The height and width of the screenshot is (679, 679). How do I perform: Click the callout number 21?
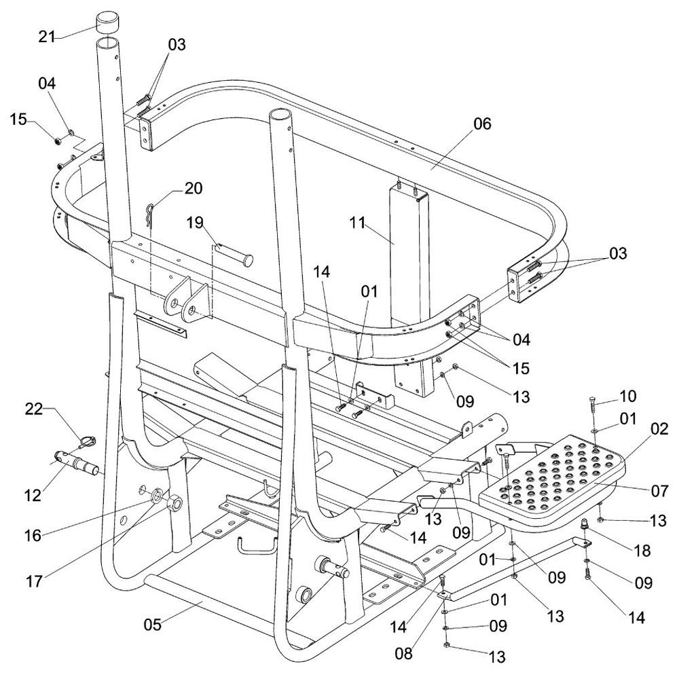[47, 37]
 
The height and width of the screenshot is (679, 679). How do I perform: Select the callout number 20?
[193, 188]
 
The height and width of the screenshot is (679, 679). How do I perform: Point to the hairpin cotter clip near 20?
[149, 214]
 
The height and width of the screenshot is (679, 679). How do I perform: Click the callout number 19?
[195, 223]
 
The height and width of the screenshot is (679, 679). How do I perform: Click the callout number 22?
[34, 409]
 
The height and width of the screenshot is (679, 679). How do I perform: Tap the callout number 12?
[33, 495]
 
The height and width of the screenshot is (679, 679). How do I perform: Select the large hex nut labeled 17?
[174, 503]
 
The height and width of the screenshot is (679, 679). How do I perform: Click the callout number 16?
[33, 536]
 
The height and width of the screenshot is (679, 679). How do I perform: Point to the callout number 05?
[152, 625]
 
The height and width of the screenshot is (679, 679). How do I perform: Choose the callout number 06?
[482, 124]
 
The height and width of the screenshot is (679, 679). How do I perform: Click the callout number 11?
[357, 223]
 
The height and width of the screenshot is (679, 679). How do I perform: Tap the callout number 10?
[628, 397]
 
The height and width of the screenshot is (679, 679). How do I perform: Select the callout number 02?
[659, 428]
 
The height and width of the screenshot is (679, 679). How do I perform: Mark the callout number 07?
[659, 491]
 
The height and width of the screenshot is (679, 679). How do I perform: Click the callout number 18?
[642, 551]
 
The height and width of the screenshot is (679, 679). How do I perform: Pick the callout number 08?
[403, 653]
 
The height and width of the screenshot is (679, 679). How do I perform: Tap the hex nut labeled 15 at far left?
[57, 140]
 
